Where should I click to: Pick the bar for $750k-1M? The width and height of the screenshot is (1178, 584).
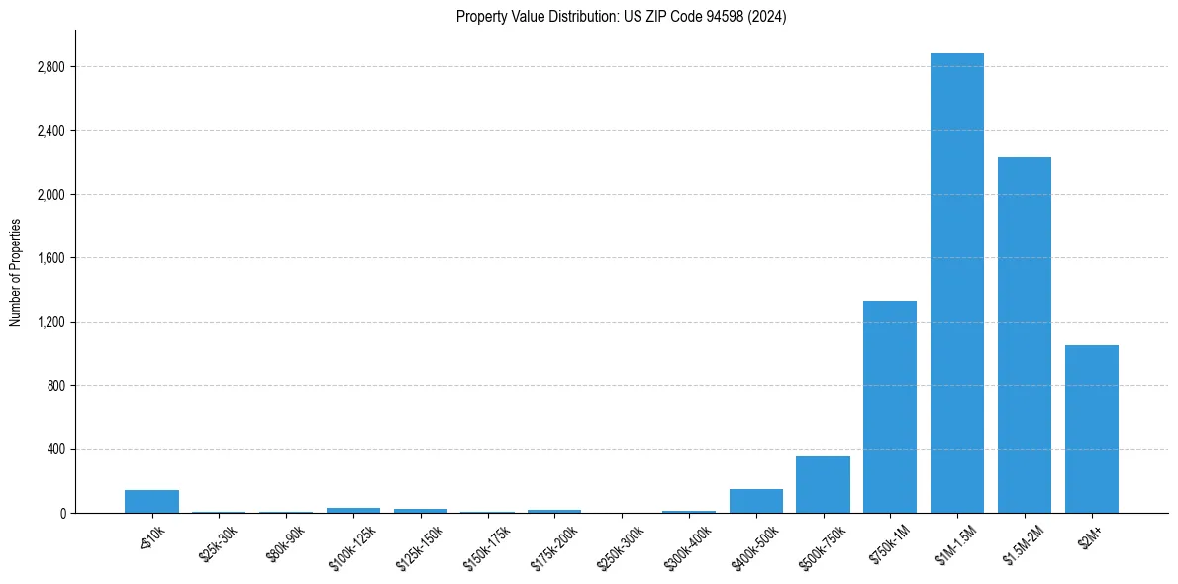(889, 407)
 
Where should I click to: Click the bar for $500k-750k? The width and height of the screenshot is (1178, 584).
(823, 484)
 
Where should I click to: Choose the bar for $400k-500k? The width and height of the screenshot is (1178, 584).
(755, 501)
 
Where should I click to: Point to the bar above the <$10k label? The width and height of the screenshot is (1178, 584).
(151, 501)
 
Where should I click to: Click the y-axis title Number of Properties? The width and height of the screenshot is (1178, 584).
(15, 272)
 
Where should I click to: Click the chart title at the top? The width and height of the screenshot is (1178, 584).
(621, 17)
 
